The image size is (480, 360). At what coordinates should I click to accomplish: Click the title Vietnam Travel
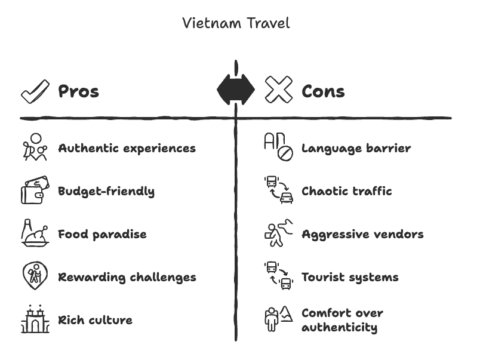click(x=236, y=23)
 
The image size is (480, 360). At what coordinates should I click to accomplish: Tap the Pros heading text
click(x=78, y=91)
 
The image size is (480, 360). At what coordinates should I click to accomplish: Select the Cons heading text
click(x=323, y=91)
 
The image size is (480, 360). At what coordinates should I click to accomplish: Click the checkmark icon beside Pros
click(x=35, y=91)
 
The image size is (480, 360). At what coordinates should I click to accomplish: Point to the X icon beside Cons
click(x=279, y=91)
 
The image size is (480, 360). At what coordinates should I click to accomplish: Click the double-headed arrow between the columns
click(x=236, y=91)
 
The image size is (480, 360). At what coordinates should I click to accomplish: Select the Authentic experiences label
click(x=127, y=148)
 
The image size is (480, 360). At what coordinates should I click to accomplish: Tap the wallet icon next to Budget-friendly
click(x=35, y=191)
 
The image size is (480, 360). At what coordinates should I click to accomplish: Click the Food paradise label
click(x=102, y=234)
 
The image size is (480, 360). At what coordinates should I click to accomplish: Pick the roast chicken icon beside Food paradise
click(x=35, y=233)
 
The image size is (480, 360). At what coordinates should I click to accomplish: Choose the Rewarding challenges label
click(x=127, y=277)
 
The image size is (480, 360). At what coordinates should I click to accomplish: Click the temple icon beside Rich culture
click(x=35, y=319)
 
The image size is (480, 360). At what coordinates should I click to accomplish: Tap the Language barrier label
click(x=356, y=148)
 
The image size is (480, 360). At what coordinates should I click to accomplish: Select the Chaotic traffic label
click(x=346, y=191)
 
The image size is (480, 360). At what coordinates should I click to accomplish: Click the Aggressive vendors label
click(x=362, y=234)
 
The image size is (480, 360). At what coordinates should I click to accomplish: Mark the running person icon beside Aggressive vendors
click(x=279, y=233)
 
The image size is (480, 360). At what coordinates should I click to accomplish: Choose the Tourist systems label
click(x=350, y=277)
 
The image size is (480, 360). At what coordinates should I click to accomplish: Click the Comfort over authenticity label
click(x=342, y=320)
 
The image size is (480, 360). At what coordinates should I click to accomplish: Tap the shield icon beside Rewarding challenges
click(x=35, y=276)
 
